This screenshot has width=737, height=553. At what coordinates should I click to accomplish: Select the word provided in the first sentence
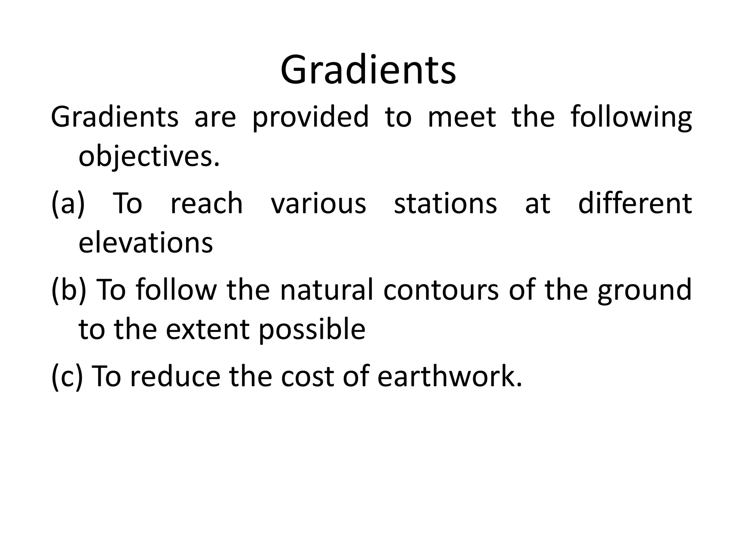pyautogui.click(x=311, y=117)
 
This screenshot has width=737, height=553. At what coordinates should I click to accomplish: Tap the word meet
pyautogui.click(x=462, y=117)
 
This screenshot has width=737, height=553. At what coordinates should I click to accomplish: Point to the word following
pyautogui.click(x=631, y=117)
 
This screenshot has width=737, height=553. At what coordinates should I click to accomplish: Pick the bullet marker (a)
pyautogui.click(x=68, y=204)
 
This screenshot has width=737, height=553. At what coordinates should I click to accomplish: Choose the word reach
pyautogui.click(x=207, y=204)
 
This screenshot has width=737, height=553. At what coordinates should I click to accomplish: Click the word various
pyautogui.click(x=318, y=204)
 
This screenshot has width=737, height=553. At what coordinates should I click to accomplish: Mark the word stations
pyautogui.click(x=446, y=204)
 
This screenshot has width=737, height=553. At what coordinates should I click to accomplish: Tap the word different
pyautogui.click(x=635, y=204)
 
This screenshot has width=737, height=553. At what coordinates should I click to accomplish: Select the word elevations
pyautogui.click(x=146, y=243)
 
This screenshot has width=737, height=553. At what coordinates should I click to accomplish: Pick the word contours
pyautogui.click(x=441, y=290)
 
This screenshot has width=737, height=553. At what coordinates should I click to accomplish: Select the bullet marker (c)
pyautogui.click(x=67, y=376)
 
